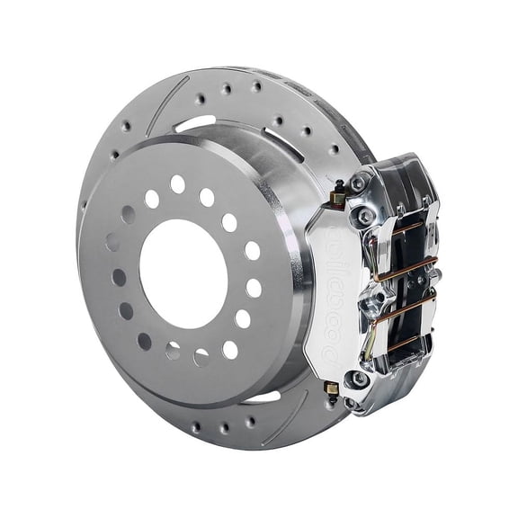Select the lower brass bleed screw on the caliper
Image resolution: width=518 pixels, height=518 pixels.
[330, 388]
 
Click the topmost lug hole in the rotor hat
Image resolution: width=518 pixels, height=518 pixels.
[178, 183]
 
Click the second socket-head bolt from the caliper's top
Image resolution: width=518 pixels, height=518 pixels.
[366, 216]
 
